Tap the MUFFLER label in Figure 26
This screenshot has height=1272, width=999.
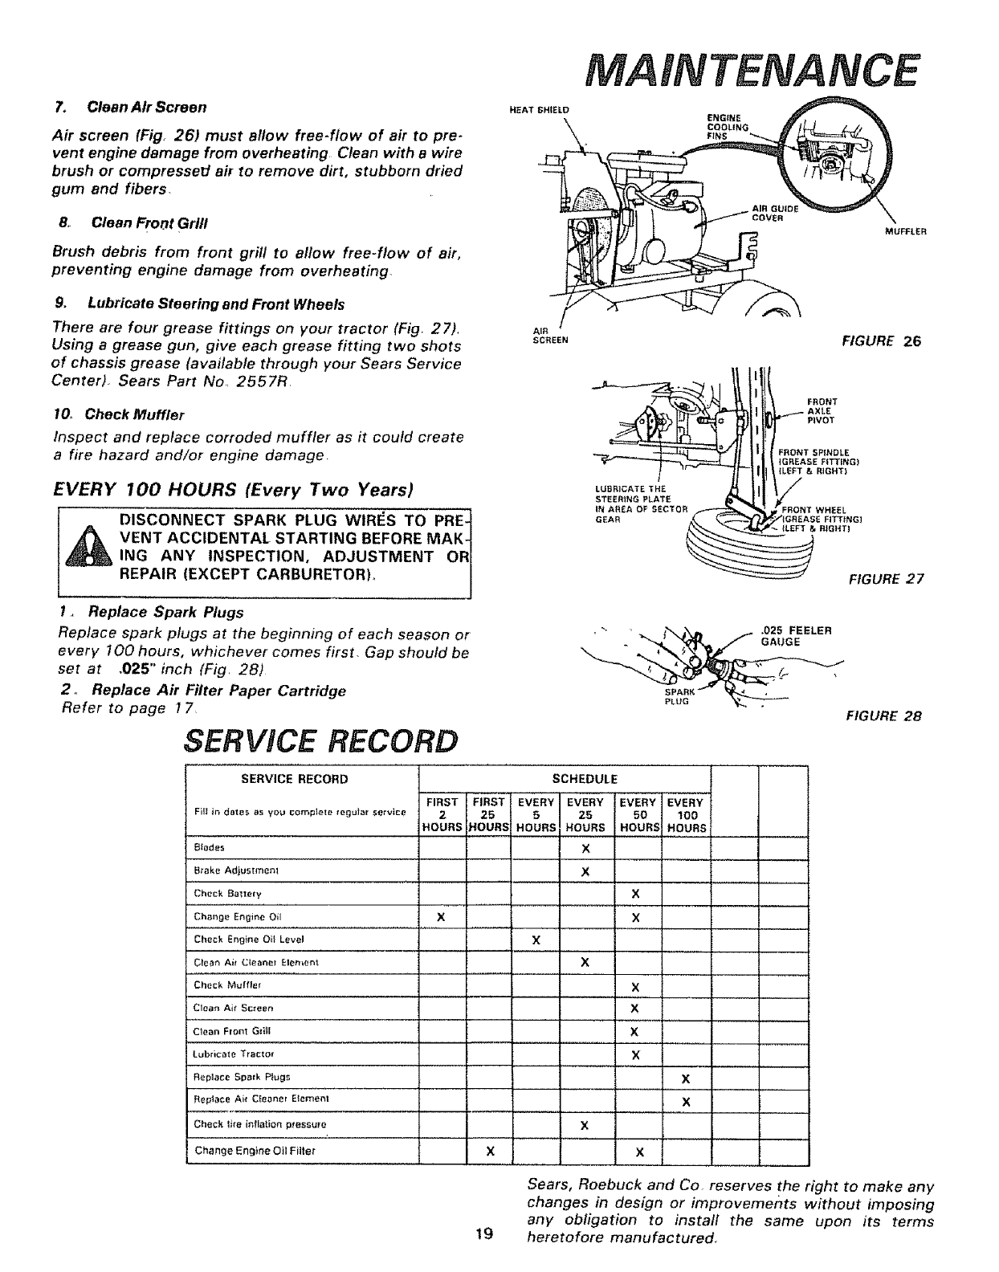coord(906,234)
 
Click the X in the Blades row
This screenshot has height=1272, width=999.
coord(585,848)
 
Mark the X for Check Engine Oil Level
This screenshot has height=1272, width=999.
coord(536,940)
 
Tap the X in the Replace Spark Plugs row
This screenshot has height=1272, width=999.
coord(685,1078)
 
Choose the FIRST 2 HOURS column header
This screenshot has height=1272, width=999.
coord(442,814)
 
